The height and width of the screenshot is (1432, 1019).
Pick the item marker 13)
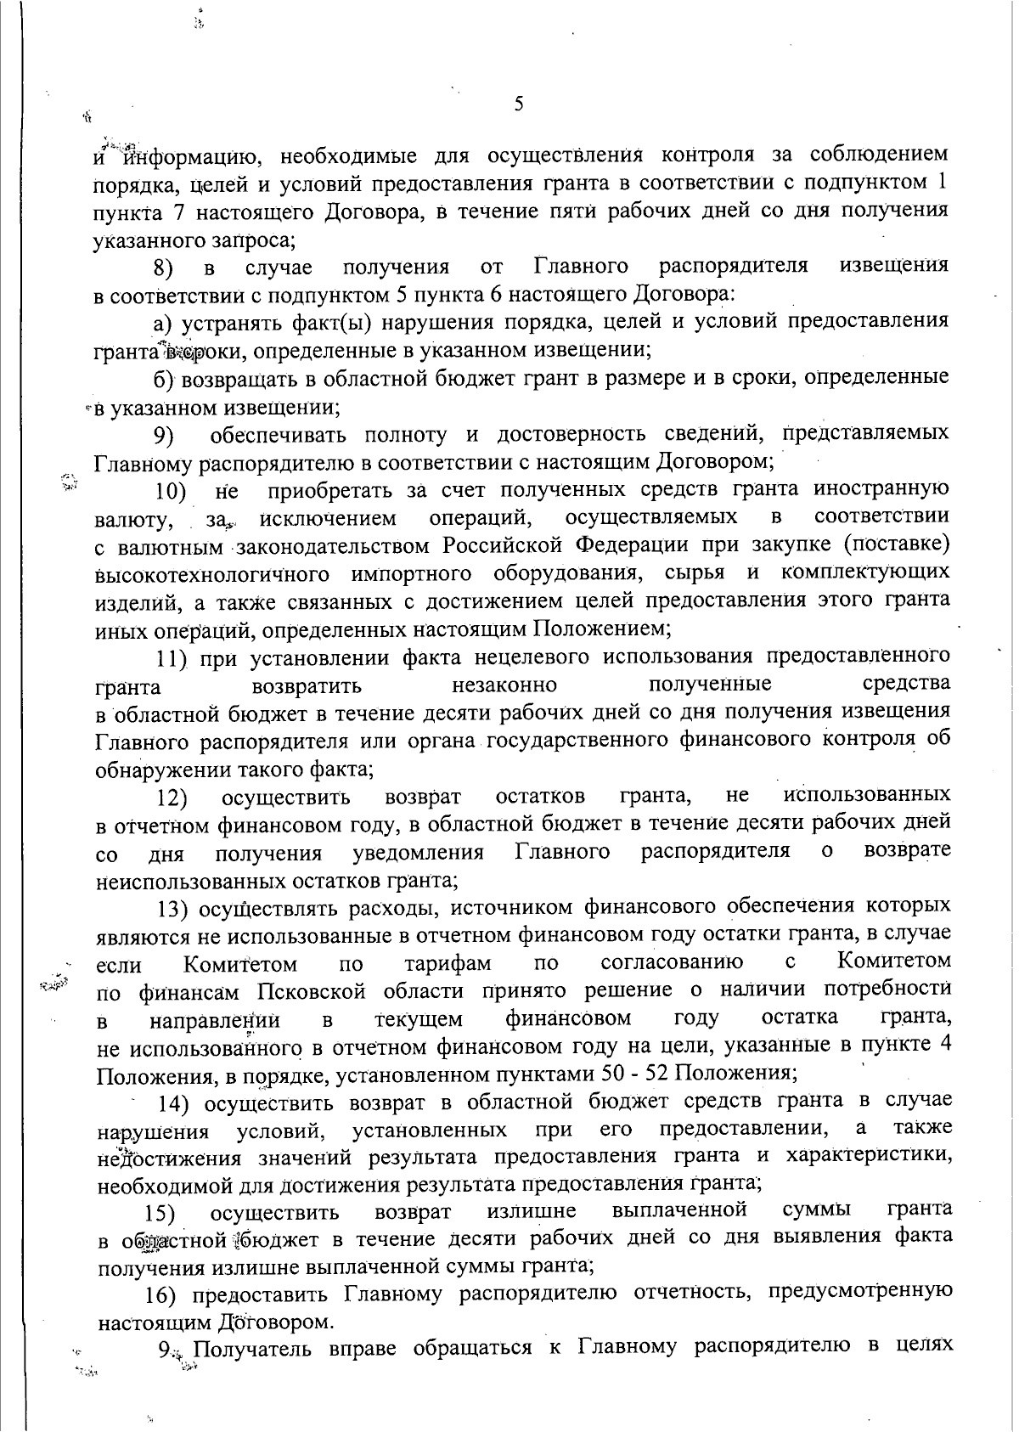point(176,910)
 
